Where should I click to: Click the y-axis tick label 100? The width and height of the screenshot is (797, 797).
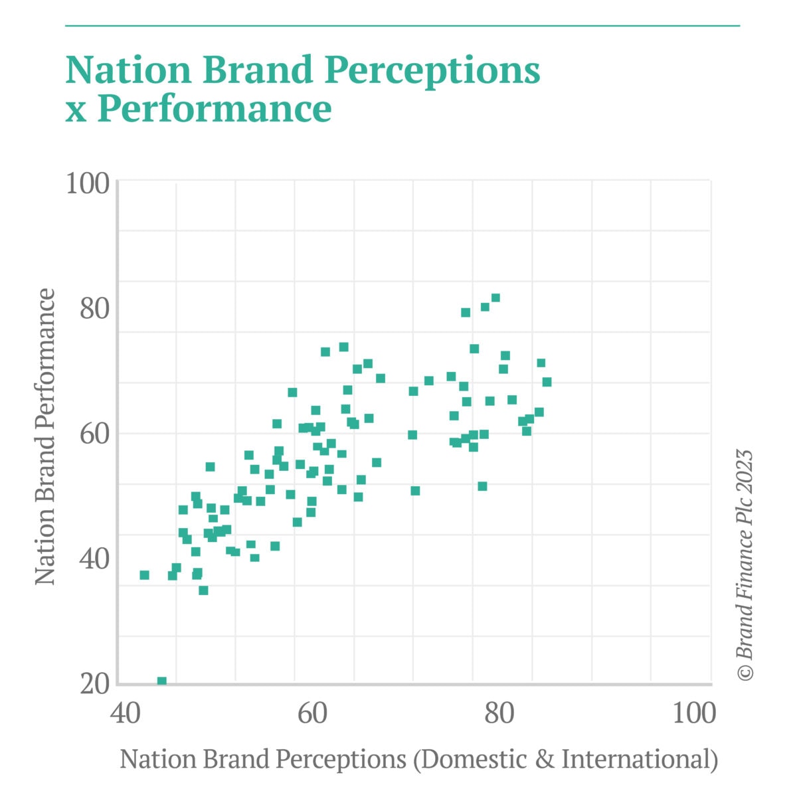87,183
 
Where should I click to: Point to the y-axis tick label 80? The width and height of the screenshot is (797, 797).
94,309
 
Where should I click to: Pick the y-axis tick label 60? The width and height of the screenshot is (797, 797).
94,434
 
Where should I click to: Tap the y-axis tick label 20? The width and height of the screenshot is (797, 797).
94,683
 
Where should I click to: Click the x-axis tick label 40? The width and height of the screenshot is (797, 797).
124,713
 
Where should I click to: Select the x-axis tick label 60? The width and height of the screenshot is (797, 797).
312,713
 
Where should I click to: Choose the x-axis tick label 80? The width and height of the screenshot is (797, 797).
499,713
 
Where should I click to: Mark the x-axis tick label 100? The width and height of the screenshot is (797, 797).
693,713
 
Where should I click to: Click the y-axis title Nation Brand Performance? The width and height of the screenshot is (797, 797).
45,436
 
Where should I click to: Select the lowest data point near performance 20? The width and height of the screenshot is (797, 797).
161,681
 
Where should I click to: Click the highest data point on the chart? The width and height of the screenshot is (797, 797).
495,298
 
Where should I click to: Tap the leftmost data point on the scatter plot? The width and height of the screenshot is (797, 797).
144,575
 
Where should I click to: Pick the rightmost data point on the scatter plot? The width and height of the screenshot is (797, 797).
547,382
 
